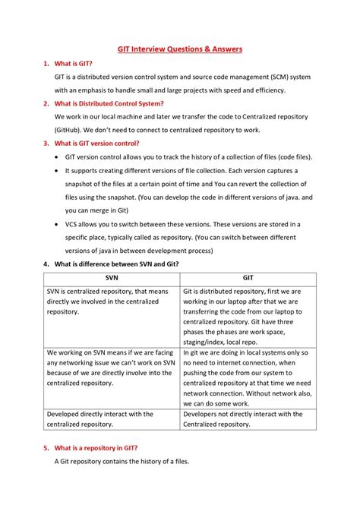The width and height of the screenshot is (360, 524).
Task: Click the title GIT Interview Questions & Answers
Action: click(179, 49)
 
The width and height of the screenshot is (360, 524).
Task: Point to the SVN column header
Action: click(111, 278)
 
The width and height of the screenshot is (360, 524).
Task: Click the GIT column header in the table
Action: click(248, 278)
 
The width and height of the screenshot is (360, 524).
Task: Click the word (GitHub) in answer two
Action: click(72, 129)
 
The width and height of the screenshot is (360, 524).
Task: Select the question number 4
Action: click(46, 264)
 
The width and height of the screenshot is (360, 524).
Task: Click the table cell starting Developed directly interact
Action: click(111, 419)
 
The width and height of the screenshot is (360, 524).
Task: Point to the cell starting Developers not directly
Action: click(248, 419)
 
